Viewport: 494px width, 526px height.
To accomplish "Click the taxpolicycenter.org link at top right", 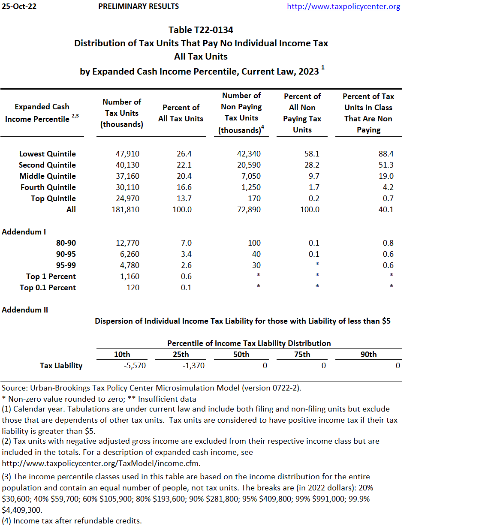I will click(x=343, y=6).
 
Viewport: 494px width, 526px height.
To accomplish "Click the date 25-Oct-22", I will click(x=19, y=6).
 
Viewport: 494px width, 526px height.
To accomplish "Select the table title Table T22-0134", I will click(x=201, y=30).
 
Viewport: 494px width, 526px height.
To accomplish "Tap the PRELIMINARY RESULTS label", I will click(x=139, y=6).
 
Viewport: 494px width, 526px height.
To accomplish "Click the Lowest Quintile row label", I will click(x=47, y=154).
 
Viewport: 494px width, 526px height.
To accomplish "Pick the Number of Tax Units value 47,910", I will click(x=127, y=154).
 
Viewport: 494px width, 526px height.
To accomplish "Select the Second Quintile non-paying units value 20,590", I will click(x=249, y=165).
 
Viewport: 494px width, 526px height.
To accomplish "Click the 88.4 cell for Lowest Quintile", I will click(x=386, y=154).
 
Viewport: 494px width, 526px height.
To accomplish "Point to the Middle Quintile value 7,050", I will click(x=251, y=176).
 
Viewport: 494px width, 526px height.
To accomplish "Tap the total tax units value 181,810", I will click(x=125, y=210).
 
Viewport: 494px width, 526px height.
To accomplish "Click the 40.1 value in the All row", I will click(x=386, y=210).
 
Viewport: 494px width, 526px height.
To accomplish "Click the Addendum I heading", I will click(x=24, y=232).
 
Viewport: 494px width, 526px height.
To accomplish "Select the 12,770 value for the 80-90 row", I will click(x=127, y=243).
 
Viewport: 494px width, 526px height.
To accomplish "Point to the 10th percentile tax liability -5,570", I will click(x=135, y=366).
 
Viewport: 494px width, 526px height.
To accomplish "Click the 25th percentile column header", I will click(x=181, y=355).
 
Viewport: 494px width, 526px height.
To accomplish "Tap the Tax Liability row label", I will click(x=61, y=366).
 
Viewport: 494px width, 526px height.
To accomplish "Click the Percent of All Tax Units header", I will click(x=181, y=113).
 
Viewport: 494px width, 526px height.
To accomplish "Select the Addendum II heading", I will click(x=25, y=310).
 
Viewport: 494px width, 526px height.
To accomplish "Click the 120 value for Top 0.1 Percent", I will click(x=133, y=288).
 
